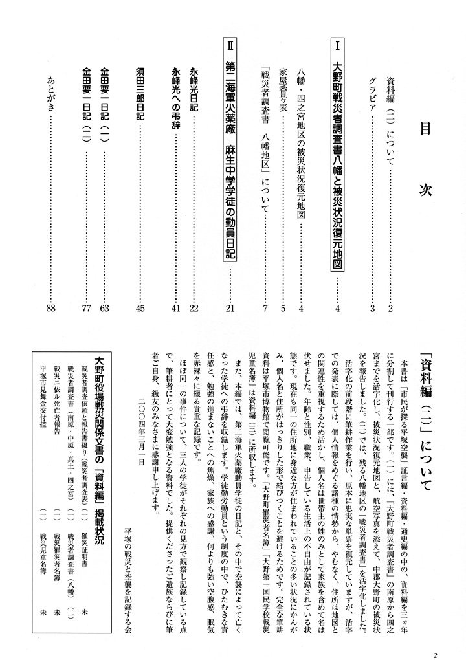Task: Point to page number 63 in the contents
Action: tap(104, 308)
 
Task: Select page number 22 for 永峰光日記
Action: tap(192, 308)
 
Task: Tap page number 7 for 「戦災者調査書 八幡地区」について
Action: tap(264, 308)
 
